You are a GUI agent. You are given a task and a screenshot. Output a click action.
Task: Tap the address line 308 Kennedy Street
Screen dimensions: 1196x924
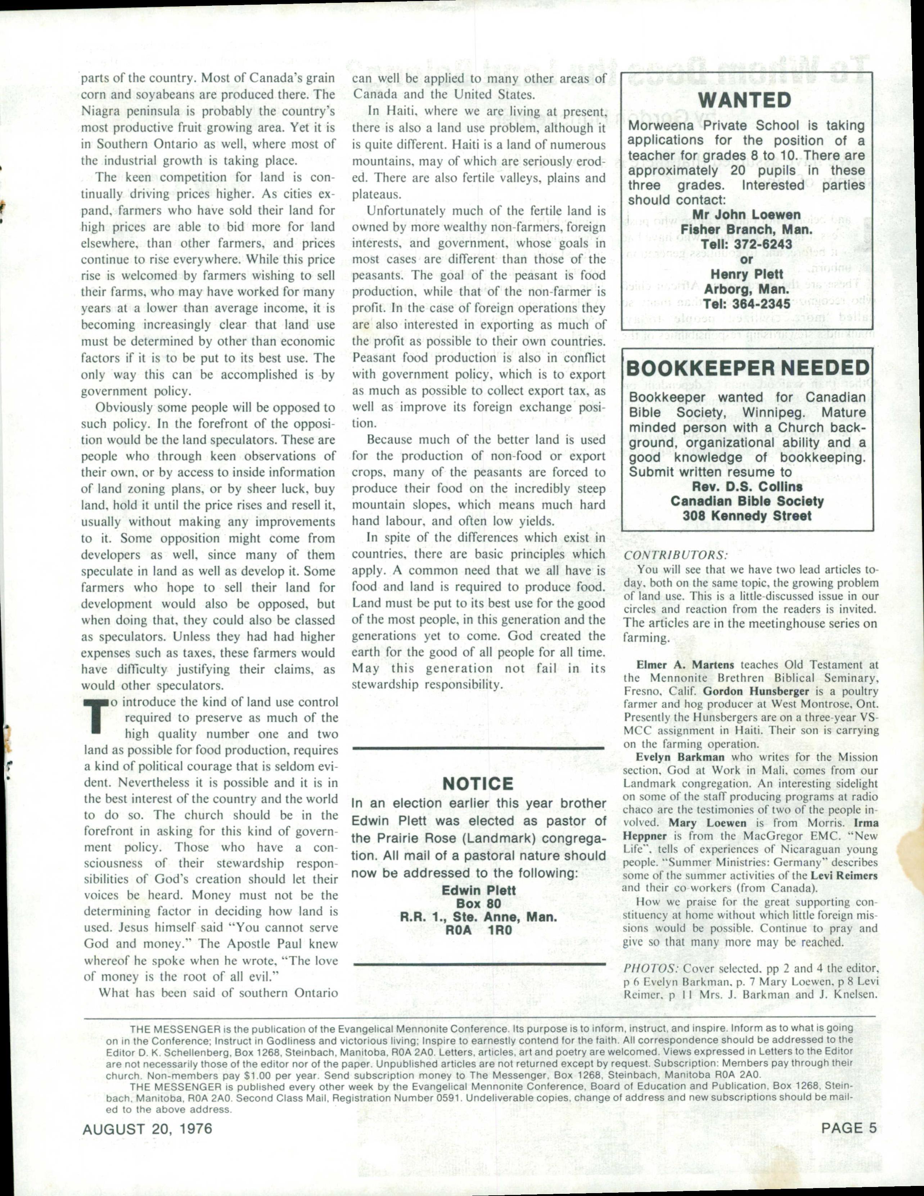tap(747, 515)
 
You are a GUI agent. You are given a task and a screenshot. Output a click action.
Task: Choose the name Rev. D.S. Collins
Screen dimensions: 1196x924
tap(747, 486)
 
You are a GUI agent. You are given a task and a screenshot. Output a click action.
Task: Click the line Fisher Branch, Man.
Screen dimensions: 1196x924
tap(747, 230)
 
